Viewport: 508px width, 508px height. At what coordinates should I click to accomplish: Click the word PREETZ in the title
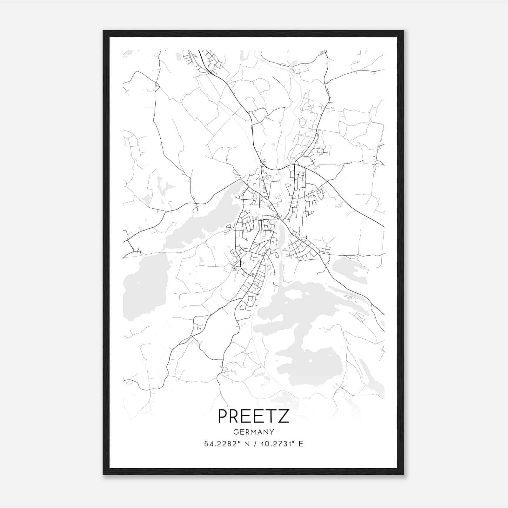click(x=254, y=416)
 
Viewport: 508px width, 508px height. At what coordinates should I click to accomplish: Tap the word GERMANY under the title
click(x=254, y=432)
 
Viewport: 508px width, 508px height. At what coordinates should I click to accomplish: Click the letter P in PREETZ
click(x=223, y=416)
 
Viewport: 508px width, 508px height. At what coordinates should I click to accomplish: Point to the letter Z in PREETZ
click(x=284, y=416)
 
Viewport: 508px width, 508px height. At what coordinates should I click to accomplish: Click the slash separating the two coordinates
click(x=254, y=444)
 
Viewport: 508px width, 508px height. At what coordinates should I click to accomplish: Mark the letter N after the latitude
click(x=246, y=444)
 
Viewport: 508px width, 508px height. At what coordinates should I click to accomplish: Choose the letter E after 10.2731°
click(x=301, y=444)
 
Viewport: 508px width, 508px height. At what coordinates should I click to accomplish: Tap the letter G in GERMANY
click(x=236, y=432)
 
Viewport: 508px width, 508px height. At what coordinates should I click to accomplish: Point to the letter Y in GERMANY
click(x=272, y=432)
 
